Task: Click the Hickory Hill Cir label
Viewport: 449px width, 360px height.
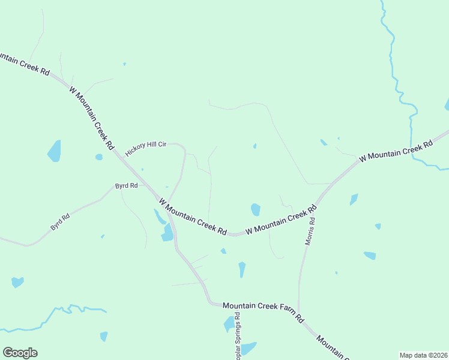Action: (145, 149)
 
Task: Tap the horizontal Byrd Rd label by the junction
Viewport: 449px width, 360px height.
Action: (127, 186)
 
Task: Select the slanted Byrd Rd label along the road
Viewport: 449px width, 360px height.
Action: (61, 220)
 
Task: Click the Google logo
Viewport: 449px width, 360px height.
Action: (20, 353)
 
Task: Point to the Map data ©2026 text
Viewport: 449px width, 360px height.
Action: (423, 355)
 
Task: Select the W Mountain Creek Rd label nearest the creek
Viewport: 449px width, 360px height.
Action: (396, 151)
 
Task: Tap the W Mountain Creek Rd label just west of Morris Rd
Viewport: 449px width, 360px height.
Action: (280, 220)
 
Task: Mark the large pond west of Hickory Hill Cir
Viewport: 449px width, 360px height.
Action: (55, 151)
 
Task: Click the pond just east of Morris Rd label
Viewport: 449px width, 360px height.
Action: (354, 199)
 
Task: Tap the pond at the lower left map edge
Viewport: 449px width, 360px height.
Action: (17, 281)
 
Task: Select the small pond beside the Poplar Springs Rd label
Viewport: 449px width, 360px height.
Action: (229, 324)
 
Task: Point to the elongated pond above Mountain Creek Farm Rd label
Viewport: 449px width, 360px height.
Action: (242, 269)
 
